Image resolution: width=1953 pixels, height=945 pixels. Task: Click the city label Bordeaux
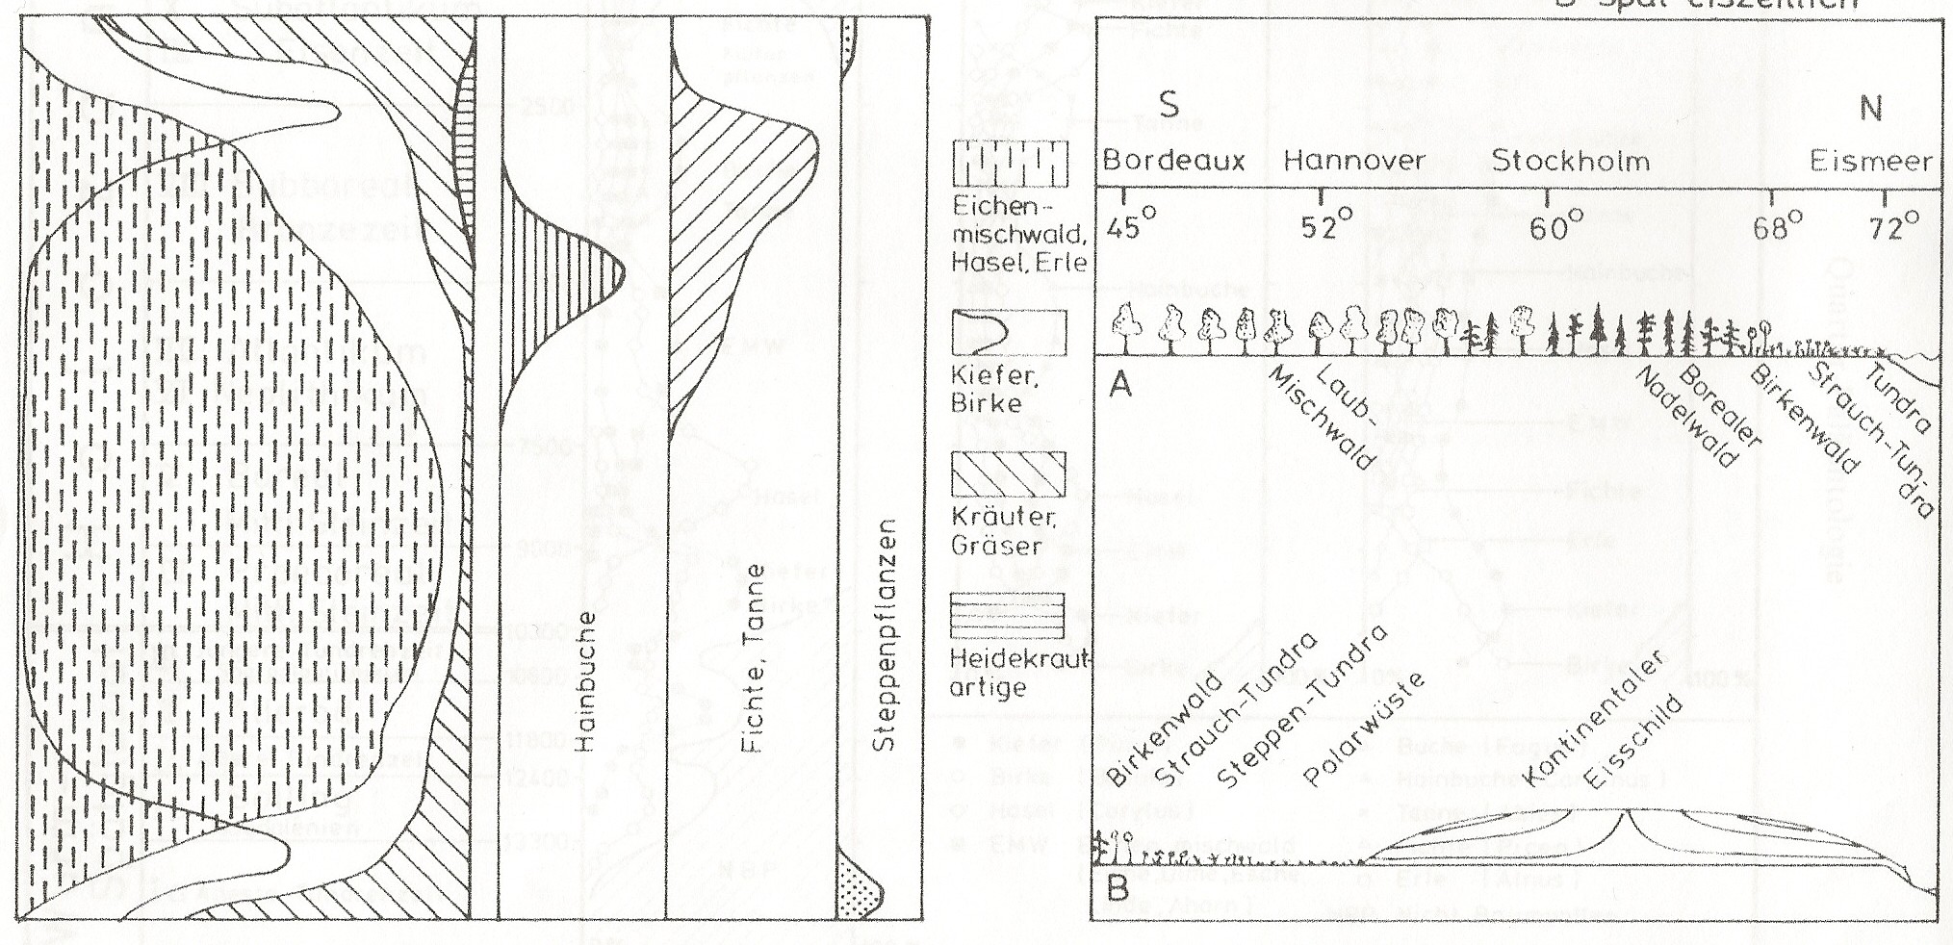tap(1173, 161)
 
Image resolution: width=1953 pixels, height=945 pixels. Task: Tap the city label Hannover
tap(1354, 161)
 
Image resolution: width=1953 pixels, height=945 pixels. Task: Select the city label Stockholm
tap(1571, 161)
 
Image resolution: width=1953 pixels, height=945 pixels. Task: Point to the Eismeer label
tap(1870, 161)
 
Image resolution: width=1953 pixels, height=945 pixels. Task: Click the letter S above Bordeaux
tap(1169, 104)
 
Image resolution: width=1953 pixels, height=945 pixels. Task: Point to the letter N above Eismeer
tap(1870, 108)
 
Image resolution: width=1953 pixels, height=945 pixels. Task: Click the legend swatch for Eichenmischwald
tap(1009, 166)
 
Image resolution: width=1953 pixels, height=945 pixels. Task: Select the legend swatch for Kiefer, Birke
tap(1009, 333)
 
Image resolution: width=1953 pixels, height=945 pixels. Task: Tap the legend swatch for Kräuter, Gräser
tap(1009, 473)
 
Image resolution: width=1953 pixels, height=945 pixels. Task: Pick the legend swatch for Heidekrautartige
tap(1009, 616)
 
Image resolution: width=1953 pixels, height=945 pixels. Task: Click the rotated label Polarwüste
tap(1364, 733)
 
